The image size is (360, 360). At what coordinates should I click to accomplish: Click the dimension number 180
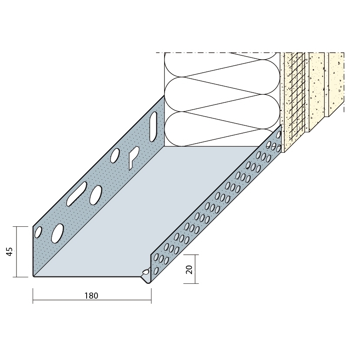point(91,296)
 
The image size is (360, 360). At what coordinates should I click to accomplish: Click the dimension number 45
point(10,252)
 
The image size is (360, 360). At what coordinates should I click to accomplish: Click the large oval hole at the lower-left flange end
point(57,233)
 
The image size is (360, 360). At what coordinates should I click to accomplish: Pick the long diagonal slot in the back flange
point(77,194)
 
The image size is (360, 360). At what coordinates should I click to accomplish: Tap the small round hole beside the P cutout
point(115,155)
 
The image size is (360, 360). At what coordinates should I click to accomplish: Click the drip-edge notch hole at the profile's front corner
point(145,272)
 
